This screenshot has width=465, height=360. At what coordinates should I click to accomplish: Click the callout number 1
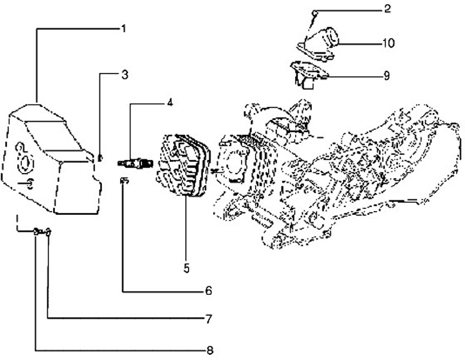click(123, 28)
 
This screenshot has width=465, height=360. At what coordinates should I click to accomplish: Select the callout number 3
click(125, 75)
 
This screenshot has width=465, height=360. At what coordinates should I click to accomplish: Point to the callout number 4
click(170, 103)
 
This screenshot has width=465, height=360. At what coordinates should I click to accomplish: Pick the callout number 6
click(209, 291)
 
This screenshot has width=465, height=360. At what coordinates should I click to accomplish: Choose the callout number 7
click(209, 319)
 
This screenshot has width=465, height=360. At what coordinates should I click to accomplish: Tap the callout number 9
click(386, 75)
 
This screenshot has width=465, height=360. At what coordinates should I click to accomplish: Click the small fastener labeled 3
click(100, 157)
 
